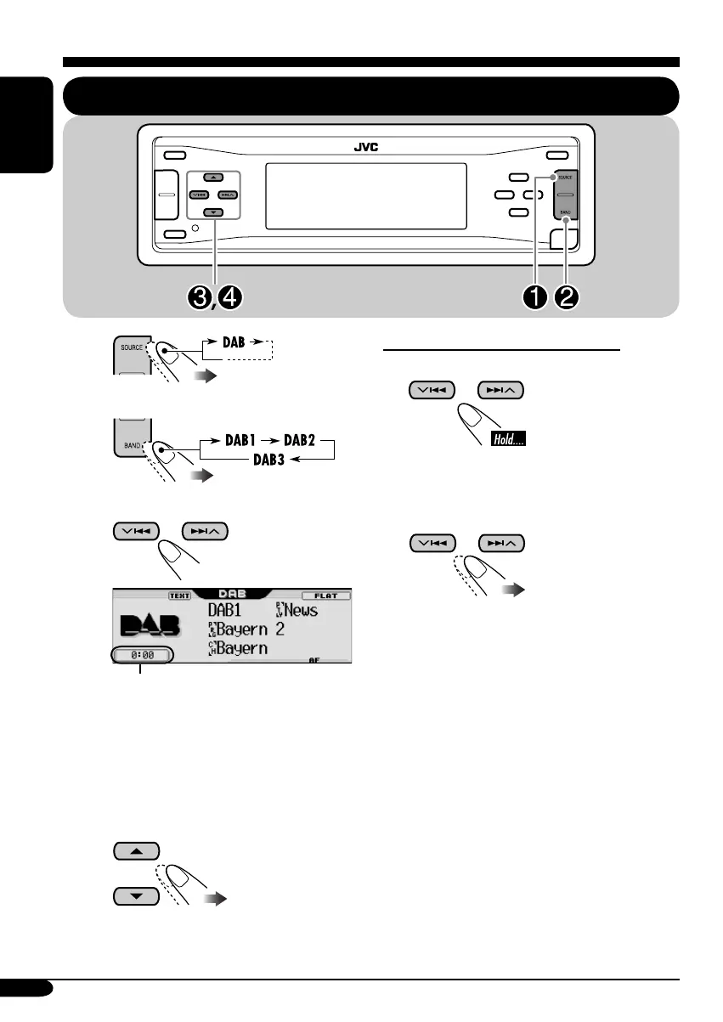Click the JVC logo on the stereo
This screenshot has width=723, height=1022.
tap(366, 146)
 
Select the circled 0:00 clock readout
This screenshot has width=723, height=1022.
tap(140, 655)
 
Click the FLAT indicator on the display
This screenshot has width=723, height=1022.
tap(327, 596)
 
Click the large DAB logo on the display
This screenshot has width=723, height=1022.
tap(150, 627)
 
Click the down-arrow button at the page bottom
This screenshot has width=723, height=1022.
tap(136, 895)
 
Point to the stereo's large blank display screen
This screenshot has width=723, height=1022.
tap(366, 195)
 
